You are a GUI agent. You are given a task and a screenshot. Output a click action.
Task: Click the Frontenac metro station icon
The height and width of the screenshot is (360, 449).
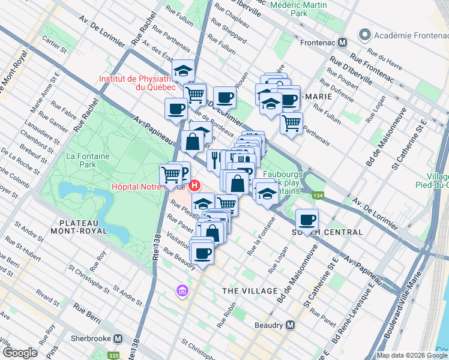(343, 43)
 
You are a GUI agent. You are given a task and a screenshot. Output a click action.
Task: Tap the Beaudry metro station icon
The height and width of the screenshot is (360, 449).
(291, 325)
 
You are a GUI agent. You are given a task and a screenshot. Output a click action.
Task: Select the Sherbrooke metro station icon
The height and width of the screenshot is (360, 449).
(118, 338)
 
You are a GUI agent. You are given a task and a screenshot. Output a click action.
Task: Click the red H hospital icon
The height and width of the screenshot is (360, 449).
(194, 178)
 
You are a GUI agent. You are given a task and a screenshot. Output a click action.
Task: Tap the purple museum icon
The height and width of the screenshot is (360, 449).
(182, 291)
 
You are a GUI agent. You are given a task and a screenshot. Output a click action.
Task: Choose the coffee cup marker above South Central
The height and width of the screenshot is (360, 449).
(307, 220)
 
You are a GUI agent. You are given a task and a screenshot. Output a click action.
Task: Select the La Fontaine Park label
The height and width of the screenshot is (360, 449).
(79, 159)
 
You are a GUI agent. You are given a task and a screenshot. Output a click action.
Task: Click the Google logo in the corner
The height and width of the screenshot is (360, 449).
(19, 353)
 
